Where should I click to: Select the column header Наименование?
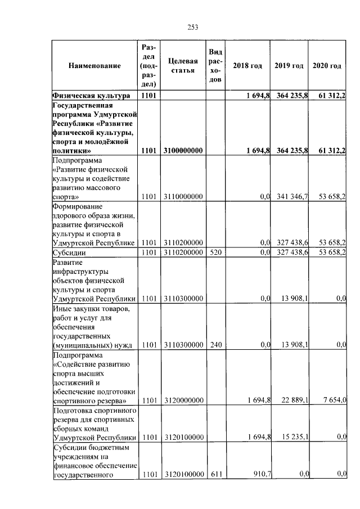click(94, 66)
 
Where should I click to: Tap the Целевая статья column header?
click(182, 66)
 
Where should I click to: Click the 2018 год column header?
click(247, 66)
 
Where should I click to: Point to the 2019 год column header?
click(289, 66)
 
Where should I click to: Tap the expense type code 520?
click(214, 253)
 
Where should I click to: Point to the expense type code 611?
click(214, 475)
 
